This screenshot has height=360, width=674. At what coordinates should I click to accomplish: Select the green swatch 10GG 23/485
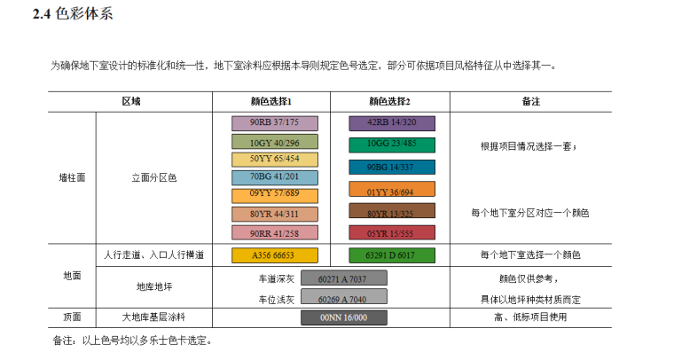[390, 144]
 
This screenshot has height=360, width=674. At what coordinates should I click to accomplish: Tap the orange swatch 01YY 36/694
[390, 190]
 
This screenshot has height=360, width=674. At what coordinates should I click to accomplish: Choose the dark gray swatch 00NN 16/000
[344, 317]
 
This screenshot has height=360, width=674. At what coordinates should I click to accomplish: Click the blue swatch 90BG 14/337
[390, 167]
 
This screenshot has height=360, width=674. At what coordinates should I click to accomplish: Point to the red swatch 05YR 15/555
[390, 233]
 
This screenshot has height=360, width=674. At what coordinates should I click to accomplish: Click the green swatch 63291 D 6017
[390, 255]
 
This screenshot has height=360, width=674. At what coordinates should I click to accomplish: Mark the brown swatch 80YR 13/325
[390, 213]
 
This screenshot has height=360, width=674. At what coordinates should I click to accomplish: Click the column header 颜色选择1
[271, 101]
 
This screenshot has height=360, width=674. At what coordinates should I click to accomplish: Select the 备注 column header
[531, 101]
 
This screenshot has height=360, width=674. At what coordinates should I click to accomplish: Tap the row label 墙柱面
[72, 177]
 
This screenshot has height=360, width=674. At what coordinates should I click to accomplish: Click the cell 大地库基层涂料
[153, 317]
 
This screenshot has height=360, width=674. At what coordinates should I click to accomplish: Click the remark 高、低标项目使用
[530, 317]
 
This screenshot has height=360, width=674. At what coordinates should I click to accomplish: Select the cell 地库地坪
[153, 287]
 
